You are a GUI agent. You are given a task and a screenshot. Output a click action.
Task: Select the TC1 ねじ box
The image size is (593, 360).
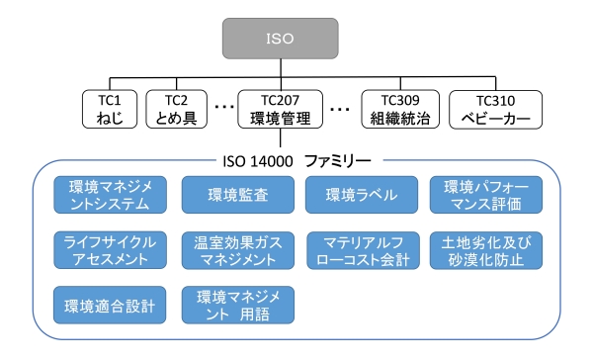coord(110,109)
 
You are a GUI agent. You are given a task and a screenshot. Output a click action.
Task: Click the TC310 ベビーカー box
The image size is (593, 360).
coord(495,109)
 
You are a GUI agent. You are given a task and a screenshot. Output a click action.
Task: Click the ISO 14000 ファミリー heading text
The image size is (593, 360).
coord(292,156)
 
